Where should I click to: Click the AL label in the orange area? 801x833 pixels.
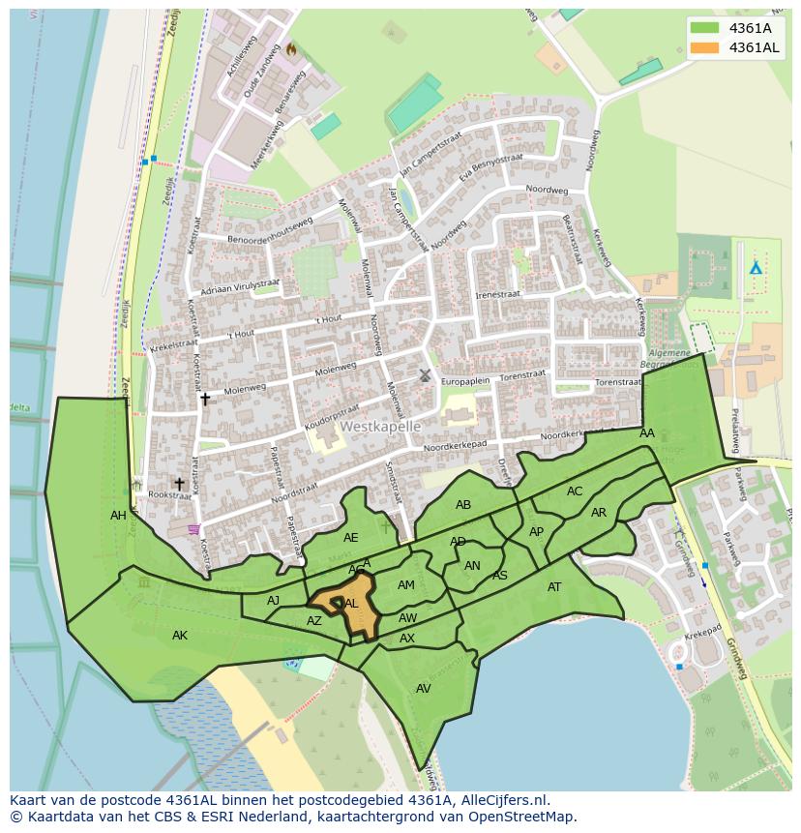pos(351,604)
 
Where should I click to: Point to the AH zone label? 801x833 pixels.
pos(118,516)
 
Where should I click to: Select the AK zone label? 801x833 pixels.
pos(180,636)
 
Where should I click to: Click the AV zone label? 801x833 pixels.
pos(423,689)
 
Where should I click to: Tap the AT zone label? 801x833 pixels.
pos(554,587)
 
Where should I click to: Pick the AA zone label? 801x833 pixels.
pos(647,433)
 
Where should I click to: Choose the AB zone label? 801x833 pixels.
pos(463,505)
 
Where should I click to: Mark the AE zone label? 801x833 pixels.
pos(350,538)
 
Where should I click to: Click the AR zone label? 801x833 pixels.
pos(599,513)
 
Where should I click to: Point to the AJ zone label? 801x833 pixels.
pos(274,601)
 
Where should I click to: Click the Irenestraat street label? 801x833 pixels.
pos(497,294)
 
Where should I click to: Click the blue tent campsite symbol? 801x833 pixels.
pos(756,267)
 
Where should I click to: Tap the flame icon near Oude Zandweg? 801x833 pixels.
pos(290,48)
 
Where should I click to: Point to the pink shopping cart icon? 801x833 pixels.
pos(194,528)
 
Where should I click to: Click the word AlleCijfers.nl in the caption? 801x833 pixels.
pos(500,801)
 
